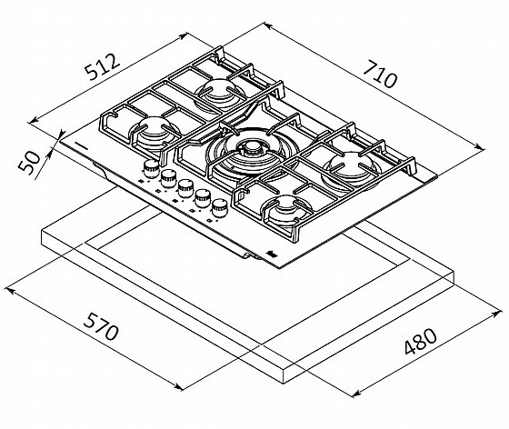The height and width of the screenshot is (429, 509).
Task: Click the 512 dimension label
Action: click(x=102, y=67)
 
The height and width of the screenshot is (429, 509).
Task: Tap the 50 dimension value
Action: click(x=29, y=164)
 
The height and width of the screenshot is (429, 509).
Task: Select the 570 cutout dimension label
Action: click(x=101, y=327)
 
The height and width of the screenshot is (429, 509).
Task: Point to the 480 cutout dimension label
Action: click(x=420, y=341)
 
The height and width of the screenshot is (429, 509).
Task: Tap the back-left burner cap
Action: click(x=217, y=92)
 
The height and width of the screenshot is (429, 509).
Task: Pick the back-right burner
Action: click(x=351, y=168)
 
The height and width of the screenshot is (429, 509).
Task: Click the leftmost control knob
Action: click(x=150, y=168)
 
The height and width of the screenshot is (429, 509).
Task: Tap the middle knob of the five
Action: click(x=185, y=188)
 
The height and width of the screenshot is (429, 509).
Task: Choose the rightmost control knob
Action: click(x=219, y=208)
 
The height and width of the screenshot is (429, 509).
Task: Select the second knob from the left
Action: click(x=168, y=178)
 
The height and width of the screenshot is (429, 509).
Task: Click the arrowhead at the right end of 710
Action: click(x=481, y=147)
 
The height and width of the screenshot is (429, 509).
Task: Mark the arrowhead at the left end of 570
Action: click(x=9, y=290)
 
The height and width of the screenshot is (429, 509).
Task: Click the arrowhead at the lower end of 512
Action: click(x=33, y=121)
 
